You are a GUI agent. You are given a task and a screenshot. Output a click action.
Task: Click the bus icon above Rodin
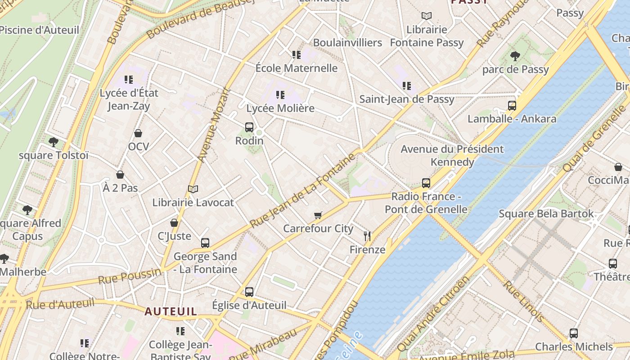[249, 127]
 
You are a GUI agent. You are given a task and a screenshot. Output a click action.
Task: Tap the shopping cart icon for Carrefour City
[318, 216]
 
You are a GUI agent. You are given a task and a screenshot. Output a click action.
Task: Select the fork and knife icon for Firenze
[367, 236]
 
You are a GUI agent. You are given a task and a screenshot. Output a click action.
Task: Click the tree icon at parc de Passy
[515, 56]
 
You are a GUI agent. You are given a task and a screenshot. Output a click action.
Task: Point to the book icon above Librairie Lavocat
[193, 189]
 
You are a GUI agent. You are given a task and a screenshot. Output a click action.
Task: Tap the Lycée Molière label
[280, 108]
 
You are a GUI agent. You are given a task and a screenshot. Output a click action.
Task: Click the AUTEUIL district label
[171, 311]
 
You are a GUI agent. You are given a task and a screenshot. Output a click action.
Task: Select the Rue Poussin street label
[129, 275]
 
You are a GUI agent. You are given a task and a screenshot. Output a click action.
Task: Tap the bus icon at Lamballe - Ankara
[512, 106]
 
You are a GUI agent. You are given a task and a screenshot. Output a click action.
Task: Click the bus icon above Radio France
[426, 183]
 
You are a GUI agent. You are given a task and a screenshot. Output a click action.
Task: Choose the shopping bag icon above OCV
[138, 134]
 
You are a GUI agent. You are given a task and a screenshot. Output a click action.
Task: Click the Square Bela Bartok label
[546, 214]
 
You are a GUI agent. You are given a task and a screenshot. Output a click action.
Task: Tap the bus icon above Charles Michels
[574, 333]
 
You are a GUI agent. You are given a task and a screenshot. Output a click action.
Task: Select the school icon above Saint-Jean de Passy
[407, 86]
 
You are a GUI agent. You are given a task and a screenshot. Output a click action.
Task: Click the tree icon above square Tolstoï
[54, 142]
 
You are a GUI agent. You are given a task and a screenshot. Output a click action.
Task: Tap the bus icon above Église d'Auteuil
[249, 292]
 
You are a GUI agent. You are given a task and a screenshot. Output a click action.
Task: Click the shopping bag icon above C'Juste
[174, 223]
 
